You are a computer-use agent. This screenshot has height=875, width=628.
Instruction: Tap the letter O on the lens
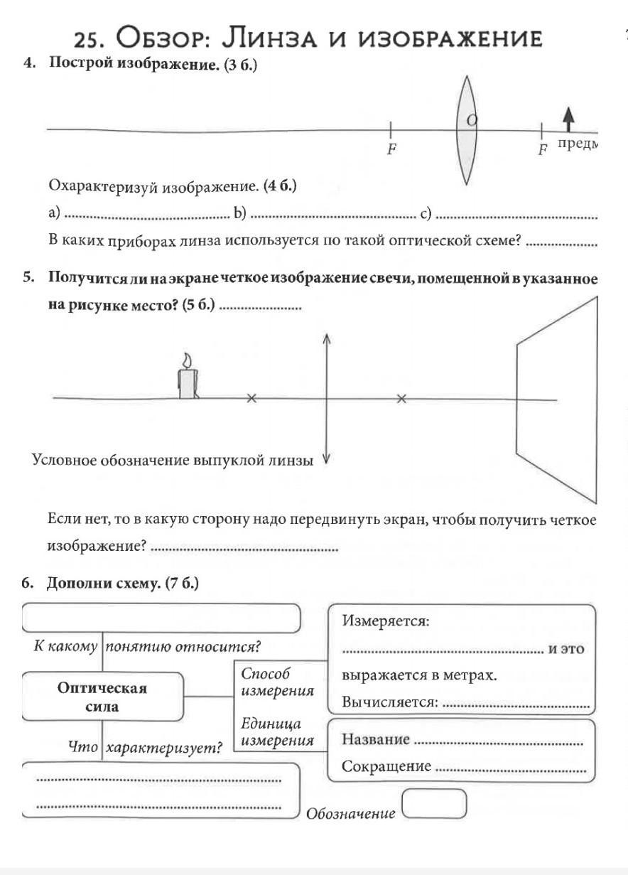[471, 121]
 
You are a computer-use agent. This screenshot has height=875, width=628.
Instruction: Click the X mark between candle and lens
[251, 399]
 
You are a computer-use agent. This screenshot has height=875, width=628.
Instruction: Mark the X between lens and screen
[401, 399]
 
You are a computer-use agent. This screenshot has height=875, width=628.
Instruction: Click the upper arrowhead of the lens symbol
[326, 339]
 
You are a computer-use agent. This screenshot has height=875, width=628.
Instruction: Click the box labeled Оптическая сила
[103, 697]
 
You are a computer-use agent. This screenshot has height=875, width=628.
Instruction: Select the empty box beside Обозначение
[434, 804]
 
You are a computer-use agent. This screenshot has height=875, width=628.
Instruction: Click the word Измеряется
[386, 621]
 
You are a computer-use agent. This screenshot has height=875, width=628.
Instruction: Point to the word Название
[376, 739]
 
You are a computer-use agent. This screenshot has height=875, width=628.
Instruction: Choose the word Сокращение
[386, 766]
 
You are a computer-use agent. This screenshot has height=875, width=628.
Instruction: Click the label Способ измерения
[277, 682]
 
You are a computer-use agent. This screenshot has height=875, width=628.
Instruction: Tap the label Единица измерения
[277, 732]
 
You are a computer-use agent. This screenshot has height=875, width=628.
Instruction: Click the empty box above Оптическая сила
[162, 618]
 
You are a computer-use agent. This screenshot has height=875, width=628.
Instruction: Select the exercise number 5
[28, 277]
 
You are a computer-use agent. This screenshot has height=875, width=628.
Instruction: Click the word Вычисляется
[389, 702]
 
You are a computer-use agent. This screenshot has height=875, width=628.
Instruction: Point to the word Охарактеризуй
[103, 186]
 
